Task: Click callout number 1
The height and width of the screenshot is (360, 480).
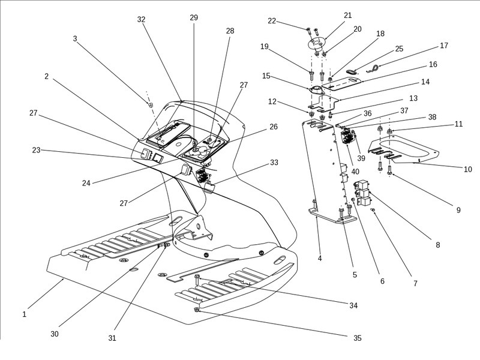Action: pos(24,314)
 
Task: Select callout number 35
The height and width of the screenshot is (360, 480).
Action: pos(357,338)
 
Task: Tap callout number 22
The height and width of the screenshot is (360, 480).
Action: pos(272,21)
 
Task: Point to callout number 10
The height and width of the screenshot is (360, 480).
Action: pos(468,169)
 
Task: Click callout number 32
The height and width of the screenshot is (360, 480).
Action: pos(141,19)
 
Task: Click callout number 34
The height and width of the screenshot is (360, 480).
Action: pos(353,306)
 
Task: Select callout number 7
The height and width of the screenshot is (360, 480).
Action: pos(415,283)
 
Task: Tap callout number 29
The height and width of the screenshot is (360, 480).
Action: pos(194,18)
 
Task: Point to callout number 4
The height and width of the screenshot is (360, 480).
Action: pos(320,259)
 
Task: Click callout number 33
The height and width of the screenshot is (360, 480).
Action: pos(274,162)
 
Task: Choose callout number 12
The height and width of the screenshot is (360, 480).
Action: pos(272,101)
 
